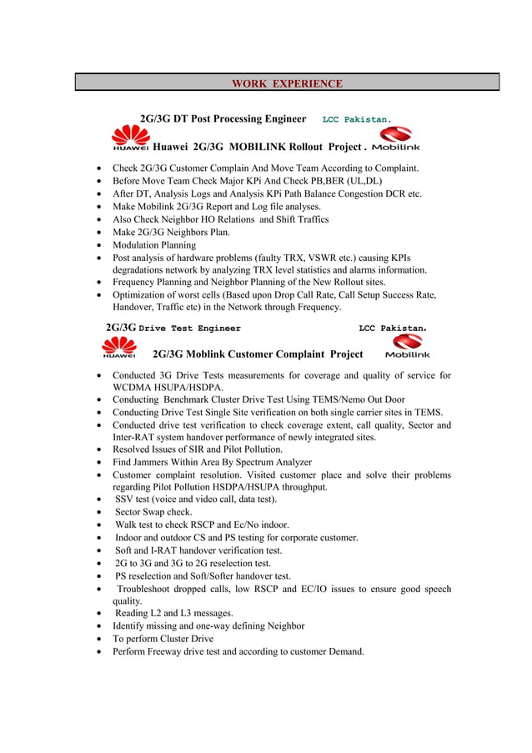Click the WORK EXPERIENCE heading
[x=286, y=83]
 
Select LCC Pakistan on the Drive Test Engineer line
[x=392, y=329]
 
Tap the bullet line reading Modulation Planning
[x=154, y=245]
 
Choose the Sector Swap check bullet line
[x=153, y=512]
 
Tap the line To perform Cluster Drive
[x=163, y=639]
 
